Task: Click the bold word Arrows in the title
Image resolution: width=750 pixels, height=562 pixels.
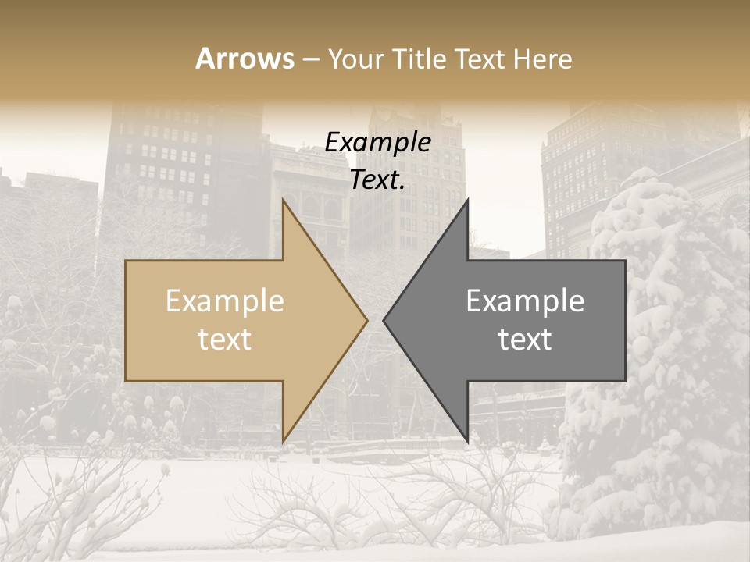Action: coord(245,59)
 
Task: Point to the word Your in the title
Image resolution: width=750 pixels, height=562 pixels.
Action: coord(355,59)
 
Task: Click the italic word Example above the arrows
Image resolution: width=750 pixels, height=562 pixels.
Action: coord(378,143)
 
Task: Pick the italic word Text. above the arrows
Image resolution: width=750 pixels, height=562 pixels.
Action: coord(378,180)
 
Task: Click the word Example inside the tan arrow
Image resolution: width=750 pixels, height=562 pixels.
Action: coord(225,301)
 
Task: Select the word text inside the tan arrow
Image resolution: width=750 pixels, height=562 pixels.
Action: coord(225,340)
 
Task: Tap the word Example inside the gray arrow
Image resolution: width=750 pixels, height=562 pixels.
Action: coord(525,301)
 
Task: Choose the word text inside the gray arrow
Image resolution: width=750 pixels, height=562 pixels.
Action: coord(525,340)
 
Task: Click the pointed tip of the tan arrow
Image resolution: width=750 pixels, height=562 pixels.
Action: coord(366,320)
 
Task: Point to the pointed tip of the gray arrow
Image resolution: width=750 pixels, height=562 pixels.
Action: coord(384,320)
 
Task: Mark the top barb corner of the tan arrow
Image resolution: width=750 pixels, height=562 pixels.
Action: coord(283,201)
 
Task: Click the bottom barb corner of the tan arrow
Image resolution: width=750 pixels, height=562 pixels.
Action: coord(283,441)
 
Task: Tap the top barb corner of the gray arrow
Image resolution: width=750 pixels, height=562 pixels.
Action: coord(467,201)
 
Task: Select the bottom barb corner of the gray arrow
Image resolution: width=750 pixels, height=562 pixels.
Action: coord(467,441)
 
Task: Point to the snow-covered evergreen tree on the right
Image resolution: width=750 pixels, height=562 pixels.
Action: coord(656,351)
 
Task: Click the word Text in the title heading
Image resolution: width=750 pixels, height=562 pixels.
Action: coord(480,59)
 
